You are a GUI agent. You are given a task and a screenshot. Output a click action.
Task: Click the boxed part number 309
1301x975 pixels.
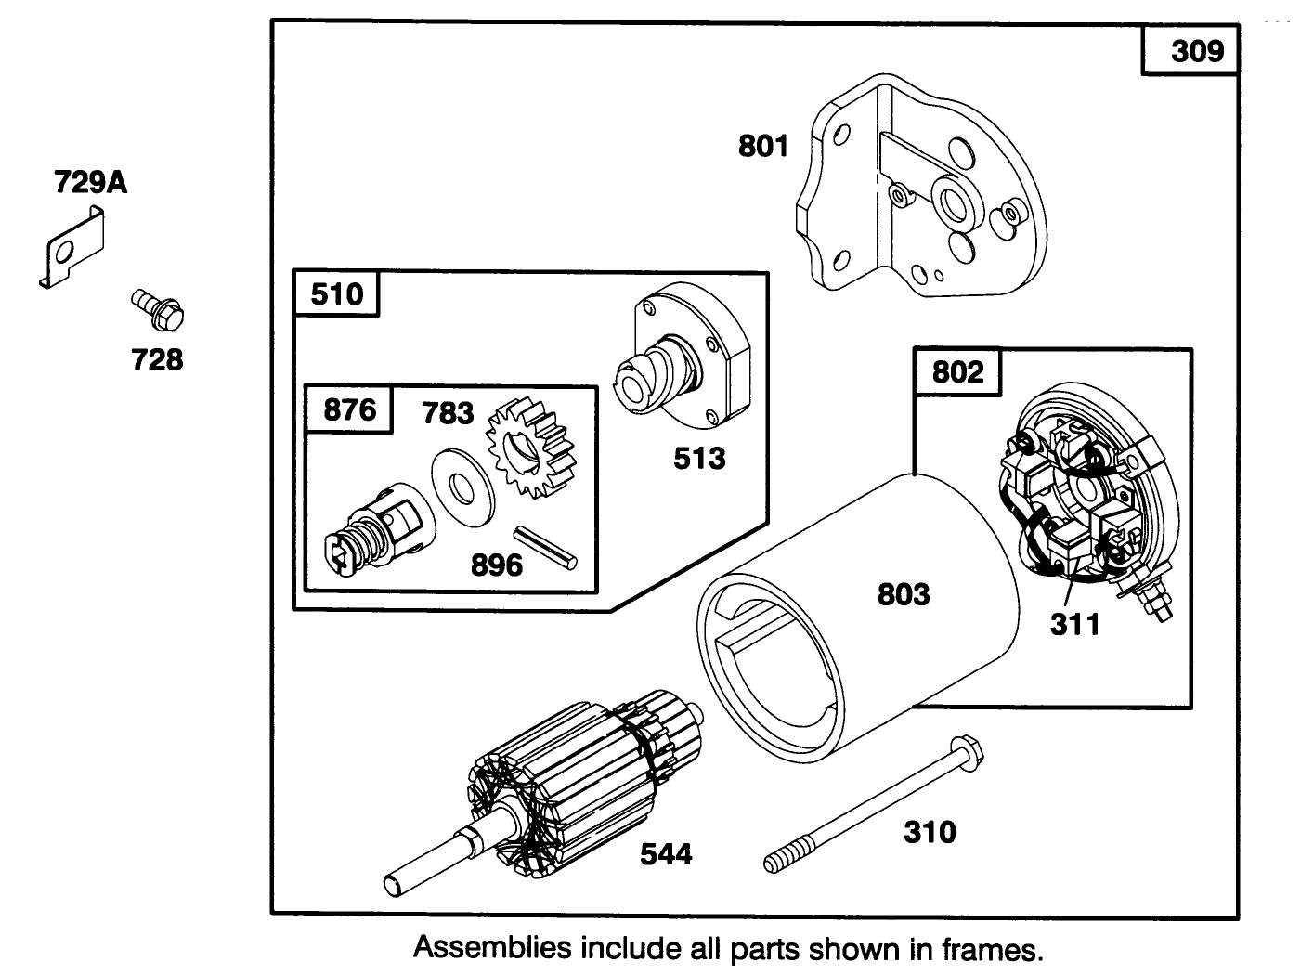[1197, 50]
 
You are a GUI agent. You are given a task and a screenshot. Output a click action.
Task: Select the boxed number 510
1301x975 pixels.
[337, 294]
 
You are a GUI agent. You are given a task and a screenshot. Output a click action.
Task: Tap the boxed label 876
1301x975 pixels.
[350, 409]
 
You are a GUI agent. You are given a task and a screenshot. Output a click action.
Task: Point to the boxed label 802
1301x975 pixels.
[957, 372]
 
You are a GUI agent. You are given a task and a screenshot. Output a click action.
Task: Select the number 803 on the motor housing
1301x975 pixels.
[903, 594]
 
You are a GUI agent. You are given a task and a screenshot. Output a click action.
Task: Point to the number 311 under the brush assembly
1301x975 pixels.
[1074, 625]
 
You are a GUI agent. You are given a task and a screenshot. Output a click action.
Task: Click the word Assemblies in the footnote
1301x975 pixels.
[491, 948]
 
